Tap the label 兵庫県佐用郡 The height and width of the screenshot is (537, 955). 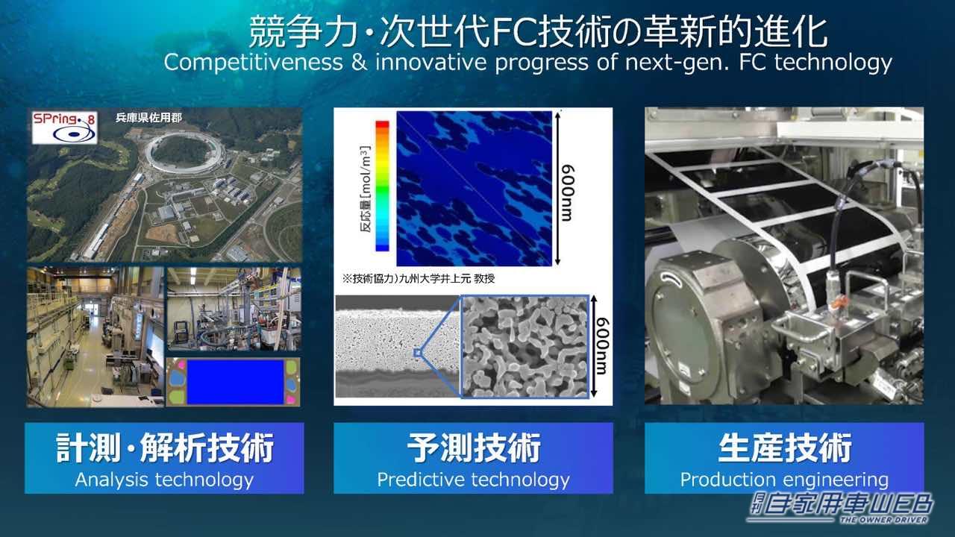click(148, 117)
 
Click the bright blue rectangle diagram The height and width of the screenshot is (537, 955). click(234, 382)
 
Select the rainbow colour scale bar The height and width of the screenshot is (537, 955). click(382, 185)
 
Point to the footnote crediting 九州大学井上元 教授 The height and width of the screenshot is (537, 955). click(419, 279)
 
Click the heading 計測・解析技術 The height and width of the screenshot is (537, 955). click(165, 449)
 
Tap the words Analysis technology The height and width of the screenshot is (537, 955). click(164, 480)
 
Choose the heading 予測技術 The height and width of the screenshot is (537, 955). click(473, 449)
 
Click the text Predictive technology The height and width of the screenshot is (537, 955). click(473, 480)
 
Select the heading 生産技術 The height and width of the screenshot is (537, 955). click(784, 449)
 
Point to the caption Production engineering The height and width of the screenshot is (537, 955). click(784, 480)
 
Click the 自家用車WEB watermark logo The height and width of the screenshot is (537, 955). click(841, 507)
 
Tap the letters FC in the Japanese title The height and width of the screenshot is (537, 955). click(510, 32)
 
